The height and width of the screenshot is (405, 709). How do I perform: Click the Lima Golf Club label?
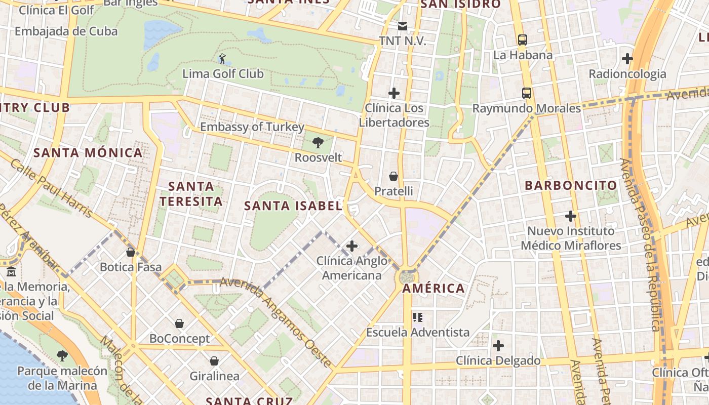click(x=223, y=74)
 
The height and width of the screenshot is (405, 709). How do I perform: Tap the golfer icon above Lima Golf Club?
click(x=222, y=59)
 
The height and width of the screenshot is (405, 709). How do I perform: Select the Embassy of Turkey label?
click(x=252, y=127)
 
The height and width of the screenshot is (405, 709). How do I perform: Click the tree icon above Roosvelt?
click(x=318, y=143)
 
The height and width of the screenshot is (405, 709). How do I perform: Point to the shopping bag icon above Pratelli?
click(x=393, y=176)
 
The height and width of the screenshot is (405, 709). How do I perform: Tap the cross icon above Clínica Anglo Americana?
click(x=351, y=247)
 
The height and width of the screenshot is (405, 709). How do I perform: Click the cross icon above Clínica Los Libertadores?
click(x=394, y=93)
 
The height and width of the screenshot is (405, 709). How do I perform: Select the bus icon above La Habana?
click(x=522, y=40)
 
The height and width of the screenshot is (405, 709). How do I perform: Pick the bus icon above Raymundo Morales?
click(x=527, y=93)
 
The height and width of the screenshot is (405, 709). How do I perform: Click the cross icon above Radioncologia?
click(x=627, y=59)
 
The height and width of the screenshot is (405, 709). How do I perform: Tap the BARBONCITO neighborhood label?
click(x=571, y=185)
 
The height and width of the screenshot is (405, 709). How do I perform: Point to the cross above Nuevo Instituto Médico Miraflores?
click(x=571, y=216)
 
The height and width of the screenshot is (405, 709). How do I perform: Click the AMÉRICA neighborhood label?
click(x=434, y=289)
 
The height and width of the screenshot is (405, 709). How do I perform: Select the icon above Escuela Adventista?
click(x=418, y=317)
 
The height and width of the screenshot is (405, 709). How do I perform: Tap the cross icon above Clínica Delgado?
click(x=498, y=346)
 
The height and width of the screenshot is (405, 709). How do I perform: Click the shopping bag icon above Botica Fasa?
click(x=131, y=252)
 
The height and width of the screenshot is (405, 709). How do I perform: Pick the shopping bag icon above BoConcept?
click(x=179, y=323)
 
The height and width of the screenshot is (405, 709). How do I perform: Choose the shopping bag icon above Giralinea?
click(x=214, y=361)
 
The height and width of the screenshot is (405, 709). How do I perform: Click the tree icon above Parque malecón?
click(x=62, y=356)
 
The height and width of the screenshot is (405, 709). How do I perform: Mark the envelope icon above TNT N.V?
click(x=403, y=26)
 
